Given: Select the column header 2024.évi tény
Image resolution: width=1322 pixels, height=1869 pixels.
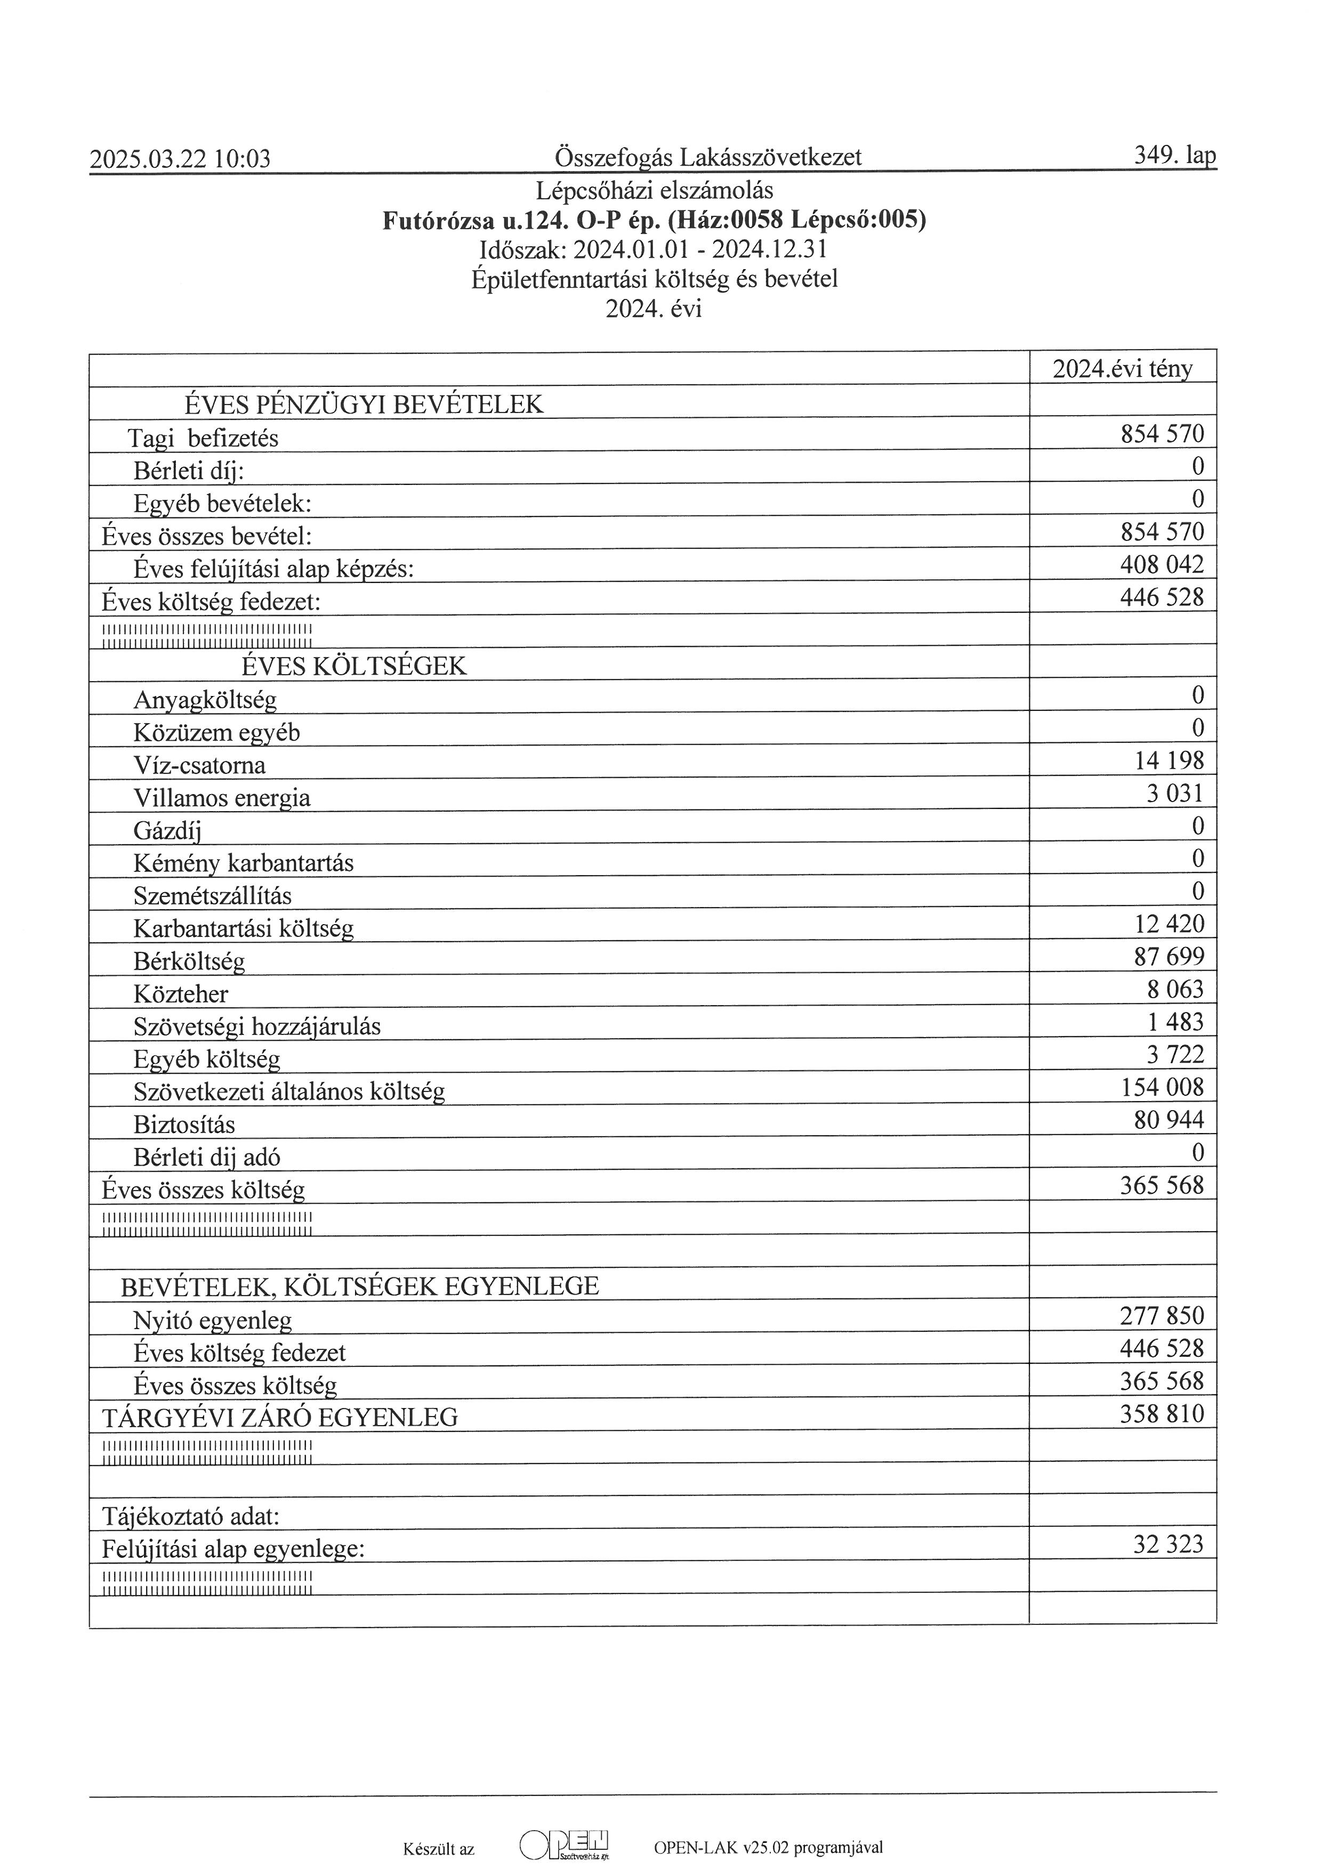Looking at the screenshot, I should coord(1123,369).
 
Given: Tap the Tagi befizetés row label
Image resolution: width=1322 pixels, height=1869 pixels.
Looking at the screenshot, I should coord(203,439).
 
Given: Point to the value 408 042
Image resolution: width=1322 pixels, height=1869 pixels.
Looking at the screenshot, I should coord(1162,565).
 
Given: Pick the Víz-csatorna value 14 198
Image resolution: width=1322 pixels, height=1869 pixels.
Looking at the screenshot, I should coord(1169,761).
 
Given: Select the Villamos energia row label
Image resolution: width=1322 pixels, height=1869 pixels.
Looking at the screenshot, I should coord(221,798).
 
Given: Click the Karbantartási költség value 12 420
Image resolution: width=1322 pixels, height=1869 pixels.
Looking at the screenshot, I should coord(1169,924).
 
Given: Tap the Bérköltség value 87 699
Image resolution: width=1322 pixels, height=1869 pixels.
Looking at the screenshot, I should coord(1169,957).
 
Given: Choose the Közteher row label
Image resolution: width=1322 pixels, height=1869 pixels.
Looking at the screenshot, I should coord(181,994).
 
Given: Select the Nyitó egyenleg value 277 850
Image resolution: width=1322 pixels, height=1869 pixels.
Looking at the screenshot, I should coord(1162,1316).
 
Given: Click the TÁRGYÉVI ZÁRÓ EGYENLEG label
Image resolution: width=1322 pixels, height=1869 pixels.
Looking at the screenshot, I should coord(279,1418).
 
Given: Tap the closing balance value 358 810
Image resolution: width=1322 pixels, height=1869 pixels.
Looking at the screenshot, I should coord(1162,1414).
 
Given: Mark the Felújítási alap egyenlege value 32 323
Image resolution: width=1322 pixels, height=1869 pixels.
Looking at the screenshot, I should coord(1168,1544).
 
